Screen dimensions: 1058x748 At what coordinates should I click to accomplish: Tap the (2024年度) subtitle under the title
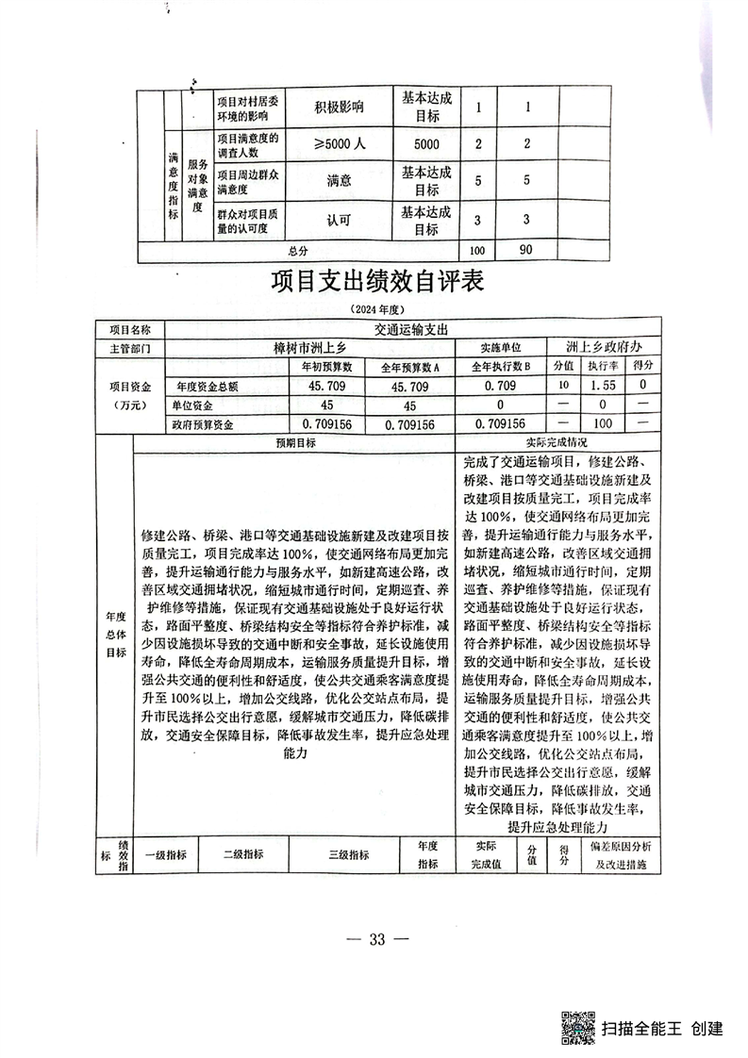376,310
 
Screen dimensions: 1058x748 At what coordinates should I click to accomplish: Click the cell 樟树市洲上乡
310,348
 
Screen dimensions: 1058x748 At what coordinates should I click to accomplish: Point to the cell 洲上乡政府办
604,347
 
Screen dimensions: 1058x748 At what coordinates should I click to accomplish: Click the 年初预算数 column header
326,366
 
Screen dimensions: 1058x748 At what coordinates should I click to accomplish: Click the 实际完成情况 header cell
562,442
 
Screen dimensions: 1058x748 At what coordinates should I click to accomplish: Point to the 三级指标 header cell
348,855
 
